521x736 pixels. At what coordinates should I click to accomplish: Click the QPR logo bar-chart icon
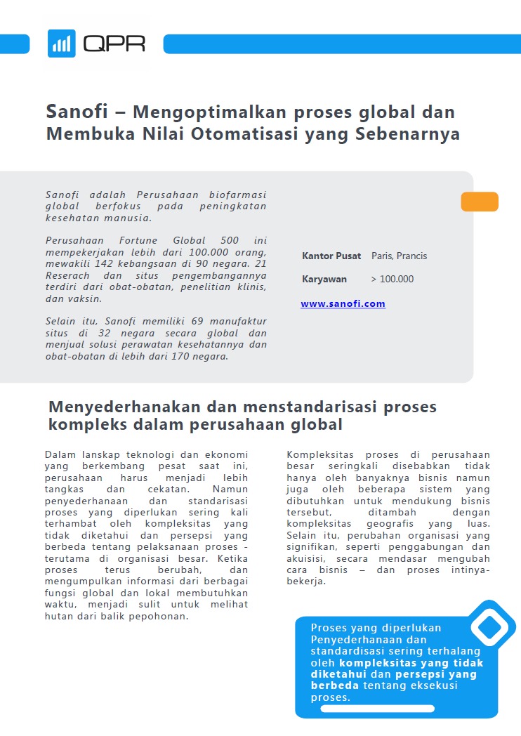point(62,44)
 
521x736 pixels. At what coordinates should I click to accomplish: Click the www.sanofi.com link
point(343,304)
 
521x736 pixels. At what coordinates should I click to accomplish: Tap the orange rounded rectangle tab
point(480,202)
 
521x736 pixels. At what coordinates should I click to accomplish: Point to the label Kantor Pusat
point(331,256)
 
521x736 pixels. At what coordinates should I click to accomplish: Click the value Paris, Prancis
point(399,256)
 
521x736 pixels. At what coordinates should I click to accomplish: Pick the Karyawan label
point(324,280)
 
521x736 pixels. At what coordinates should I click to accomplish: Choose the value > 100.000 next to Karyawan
point(392,280)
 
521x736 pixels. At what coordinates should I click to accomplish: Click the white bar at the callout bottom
point(377,709)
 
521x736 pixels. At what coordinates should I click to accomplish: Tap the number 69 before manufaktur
point(197,322)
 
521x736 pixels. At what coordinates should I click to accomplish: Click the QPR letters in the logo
point(114,44)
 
